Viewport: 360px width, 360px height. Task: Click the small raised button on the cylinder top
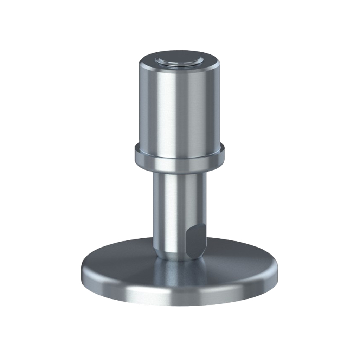179,60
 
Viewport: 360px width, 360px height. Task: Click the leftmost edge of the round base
82,271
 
